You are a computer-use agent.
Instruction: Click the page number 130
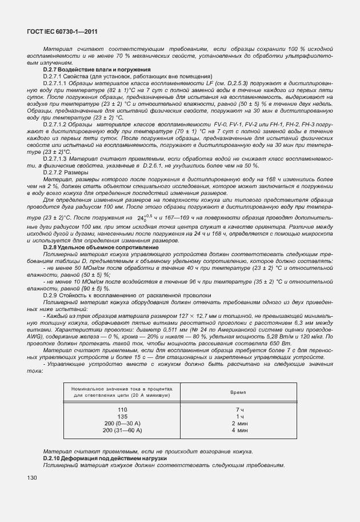pos(33,477)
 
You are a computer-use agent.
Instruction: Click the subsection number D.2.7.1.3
pos(56,158)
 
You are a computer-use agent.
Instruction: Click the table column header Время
pos(238,393)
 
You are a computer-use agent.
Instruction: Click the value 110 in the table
pos(122,410)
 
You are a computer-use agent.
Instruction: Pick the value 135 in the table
pos(122,417)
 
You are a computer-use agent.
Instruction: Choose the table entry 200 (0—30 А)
pos(122,423)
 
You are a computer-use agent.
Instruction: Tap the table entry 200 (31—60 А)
pos(122,429)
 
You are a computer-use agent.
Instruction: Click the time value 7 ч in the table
pos(240,410)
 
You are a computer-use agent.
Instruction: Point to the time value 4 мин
pos(240,429)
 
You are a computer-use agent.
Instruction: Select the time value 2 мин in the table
pos(240,423)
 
